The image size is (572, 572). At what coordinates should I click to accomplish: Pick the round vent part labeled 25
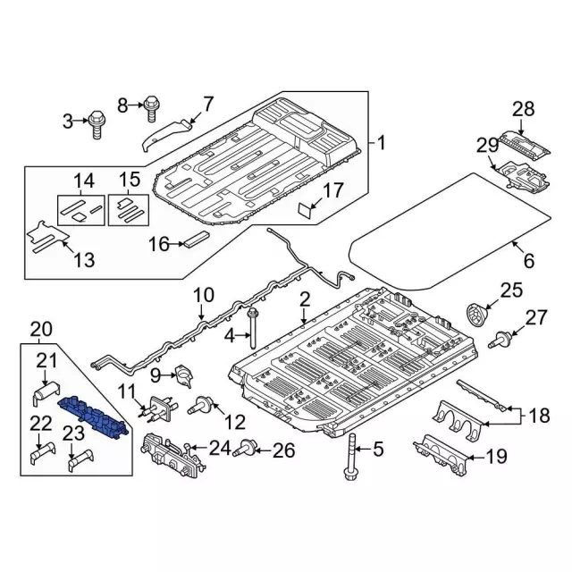tap(480, 315)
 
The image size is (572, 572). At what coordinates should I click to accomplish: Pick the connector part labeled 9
tap(184, 375)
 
